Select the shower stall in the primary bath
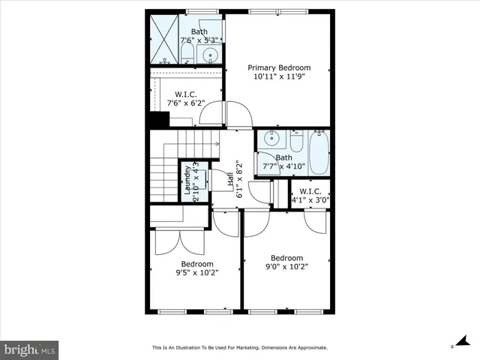click(163, 39)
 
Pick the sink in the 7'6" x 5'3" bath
click(211, 54)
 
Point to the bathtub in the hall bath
click(319, 152)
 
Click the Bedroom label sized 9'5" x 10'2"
click(196, 264)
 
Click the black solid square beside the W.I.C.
click(158, 120)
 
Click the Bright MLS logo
click(30, 349)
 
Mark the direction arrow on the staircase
click(215, 140)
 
